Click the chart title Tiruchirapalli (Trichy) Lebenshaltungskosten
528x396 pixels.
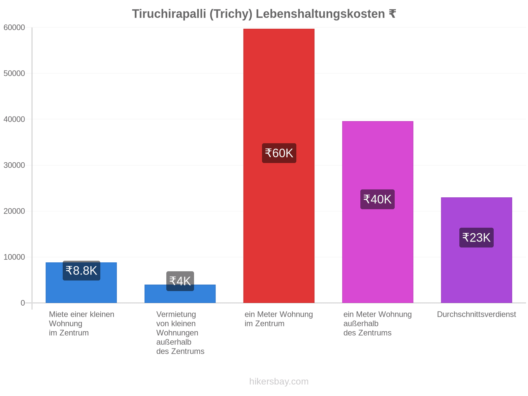258,14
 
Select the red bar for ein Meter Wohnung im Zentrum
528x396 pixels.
279,166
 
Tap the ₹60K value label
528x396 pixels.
279,153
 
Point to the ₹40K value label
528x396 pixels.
377,199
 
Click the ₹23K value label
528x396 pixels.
476,237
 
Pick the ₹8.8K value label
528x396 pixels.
81,270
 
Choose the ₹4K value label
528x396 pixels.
180,281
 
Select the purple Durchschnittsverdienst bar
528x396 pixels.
476,250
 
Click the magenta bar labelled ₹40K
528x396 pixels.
378,212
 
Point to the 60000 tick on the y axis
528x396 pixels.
14,27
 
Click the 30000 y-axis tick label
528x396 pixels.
14,165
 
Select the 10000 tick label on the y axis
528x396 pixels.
14,257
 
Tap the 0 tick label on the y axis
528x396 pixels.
23,303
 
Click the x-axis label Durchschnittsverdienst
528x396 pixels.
476,314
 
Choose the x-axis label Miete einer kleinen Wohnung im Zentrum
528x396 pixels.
82,323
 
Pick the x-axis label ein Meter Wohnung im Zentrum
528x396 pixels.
279,319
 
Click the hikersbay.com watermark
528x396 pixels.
279,381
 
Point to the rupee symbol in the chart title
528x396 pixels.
392,14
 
